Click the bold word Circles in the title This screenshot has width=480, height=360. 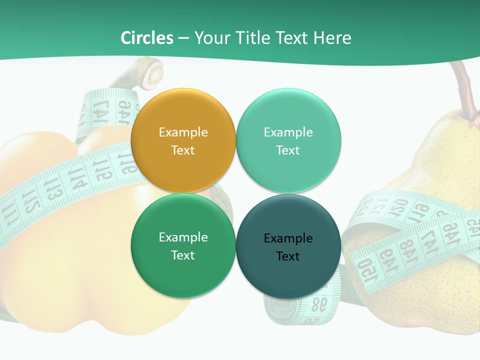[147, 38]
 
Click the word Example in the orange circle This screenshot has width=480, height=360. [183, 132]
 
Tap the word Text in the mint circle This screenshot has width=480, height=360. [288, 150]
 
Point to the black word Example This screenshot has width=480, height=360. [288, 238]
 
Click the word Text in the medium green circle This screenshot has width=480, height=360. [183, 255]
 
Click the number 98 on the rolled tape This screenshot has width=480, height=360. [317, 303]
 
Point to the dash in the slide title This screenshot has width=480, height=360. [183, 38]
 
